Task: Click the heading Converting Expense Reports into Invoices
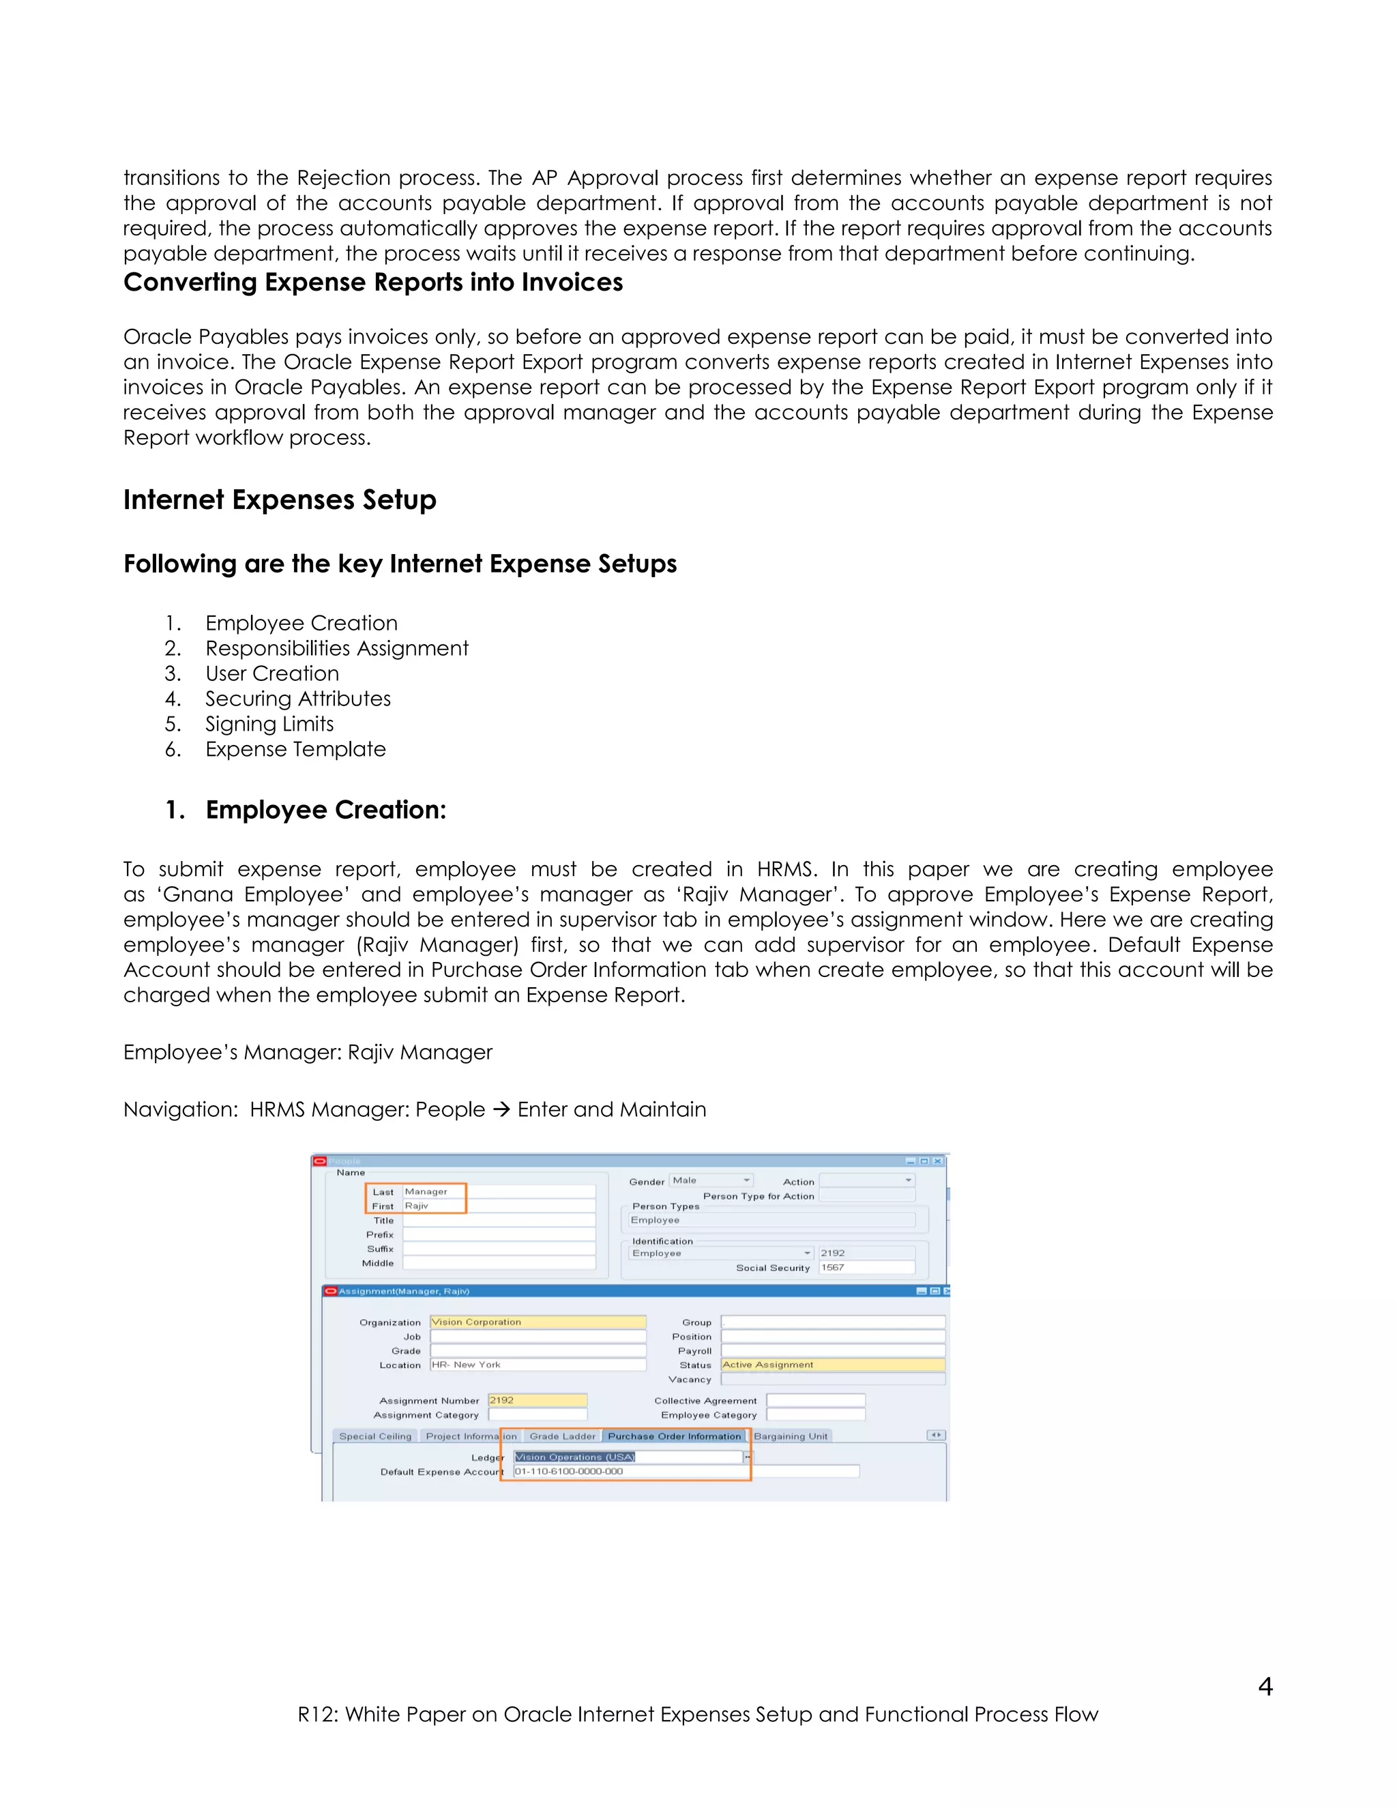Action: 372,282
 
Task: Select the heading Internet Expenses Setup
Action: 280,500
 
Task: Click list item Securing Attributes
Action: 297,699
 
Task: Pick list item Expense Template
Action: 295,749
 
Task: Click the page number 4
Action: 1265,1687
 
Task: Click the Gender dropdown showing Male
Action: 711,1180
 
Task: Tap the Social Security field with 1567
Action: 866,1268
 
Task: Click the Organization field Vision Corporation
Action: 537,1322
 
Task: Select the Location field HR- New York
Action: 537,1365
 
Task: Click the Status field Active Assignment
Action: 832,1365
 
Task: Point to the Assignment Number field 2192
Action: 537,1400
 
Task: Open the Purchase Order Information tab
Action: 674,1436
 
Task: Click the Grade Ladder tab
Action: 562,1436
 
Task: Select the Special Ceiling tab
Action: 375,1436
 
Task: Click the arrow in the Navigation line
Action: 501,1110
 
